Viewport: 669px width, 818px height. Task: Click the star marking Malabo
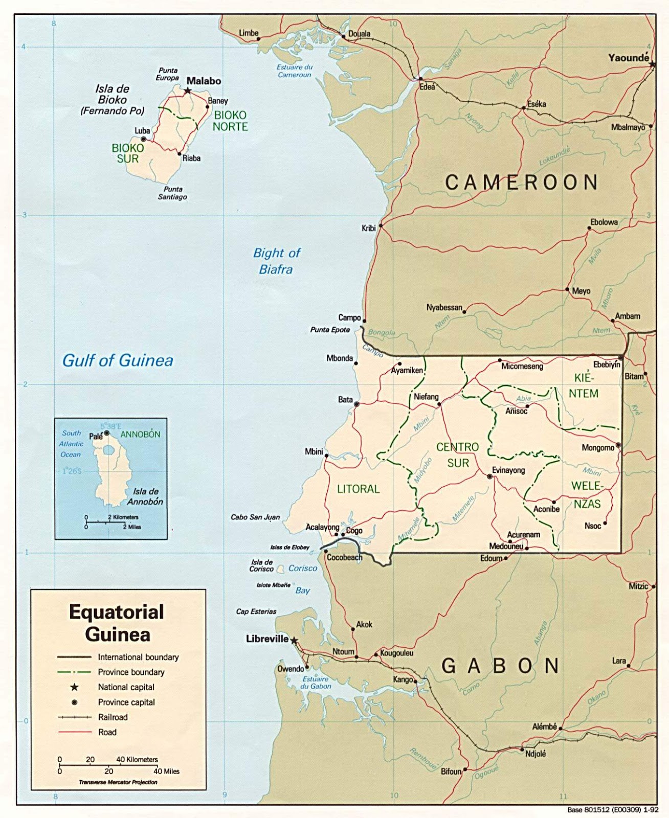click(188, 90)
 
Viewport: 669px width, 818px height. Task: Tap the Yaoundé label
click(628, 58)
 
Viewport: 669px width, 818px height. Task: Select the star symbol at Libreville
click(294, 640)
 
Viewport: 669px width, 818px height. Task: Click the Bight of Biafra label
click(276, 261)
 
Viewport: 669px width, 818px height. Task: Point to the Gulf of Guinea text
click(118, 360)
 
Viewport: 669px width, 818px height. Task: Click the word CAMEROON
click(521, 183)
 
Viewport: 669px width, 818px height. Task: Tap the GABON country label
click(500, 666)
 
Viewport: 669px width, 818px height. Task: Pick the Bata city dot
click(356, 404)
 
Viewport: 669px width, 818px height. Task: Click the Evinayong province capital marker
click(489, 476)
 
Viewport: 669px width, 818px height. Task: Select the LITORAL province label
click(358, 489)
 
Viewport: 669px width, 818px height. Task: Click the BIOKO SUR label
click(128, 153)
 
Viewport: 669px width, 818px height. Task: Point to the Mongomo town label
click(597, 448)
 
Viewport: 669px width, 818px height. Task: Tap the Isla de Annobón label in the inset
click(145, 496)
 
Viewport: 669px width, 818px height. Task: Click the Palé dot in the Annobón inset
click(107, 433)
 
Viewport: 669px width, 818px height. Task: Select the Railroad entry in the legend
click(113, 717)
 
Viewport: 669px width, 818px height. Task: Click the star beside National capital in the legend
click(75, 687)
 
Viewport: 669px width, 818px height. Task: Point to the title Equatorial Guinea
click(117, 623)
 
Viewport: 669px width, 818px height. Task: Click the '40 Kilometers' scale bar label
click(137, 760)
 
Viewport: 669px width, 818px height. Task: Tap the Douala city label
click(359, 34)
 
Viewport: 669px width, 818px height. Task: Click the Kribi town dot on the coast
click(381, 224)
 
